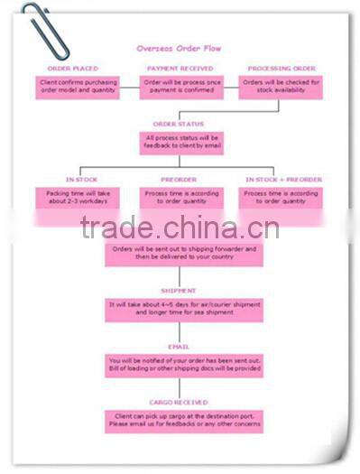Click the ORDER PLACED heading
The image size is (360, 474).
click(x=73, y=69)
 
